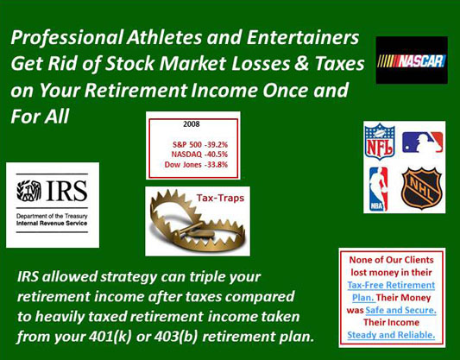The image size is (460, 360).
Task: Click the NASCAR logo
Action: click(x=412, y=60)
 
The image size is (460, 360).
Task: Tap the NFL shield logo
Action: click(x=380, y=142)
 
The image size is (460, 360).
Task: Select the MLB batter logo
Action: click(x=422, y=142)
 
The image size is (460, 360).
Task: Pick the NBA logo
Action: click(x=379, y=189)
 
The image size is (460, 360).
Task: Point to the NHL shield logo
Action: click(x=421, y=188)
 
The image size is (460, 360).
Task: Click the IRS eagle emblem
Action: click(x=28, y=191)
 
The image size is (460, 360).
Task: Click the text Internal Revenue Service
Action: click(x=52, y=224)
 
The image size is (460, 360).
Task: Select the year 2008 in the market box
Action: click(x=192, y=123)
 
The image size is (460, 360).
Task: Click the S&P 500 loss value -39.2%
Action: click(x=216, y=144)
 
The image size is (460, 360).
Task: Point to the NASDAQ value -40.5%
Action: click(x=216, y=155)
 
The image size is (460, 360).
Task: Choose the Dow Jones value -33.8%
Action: click(x=216, y=165)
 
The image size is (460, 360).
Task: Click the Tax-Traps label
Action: click(x=220, y=198)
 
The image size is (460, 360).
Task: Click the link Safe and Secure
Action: click(x=400, y=310)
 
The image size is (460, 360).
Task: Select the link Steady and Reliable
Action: click(x=391, y=335)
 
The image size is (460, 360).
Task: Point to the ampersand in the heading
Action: click(x=301, y=64)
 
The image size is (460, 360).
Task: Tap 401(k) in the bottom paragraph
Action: click(x=110, y=337)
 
